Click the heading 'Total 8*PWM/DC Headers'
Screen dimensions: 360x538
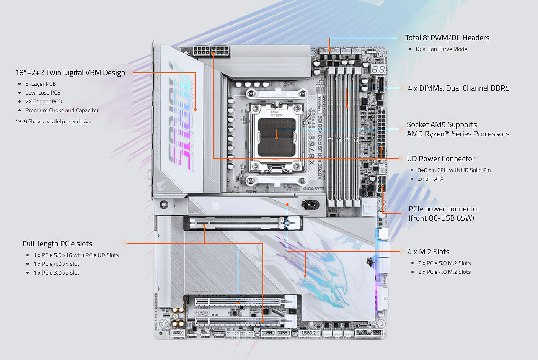[447, 38]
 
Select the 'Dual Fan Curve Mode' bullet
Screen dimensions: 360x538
[441, 49]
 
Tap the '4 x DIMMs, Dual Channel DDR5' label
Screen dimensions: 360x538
[458, 88]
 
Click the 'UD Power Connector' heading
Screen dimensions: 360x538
[440, 159]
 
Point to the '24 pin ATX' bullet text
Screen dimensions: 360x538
[430, 179]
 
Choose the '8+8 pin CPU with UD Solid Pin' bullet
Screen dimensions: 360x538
[454, 170]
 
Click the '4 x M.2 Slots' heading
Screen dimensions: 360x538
[428, 252]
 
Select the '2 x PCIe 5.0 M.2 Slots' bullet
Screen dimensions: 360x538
[444, 263]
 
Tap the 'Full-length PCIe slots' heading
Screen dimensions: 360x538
[57, 244]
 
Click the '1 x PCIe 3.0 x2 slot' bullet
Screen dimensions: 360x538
[56, 273]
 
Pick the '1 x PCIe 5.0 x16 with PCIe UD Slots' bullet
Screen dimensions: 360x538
[76, 255]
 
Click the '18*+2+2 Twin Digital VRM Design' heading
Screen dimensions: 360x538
[70, 72]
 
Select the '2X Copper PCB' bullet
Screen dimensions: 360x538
[44, 101]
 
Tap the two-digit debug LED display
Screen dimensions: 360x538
[378, 69]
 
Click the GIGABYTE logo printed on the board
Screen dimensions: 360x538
[313, 188]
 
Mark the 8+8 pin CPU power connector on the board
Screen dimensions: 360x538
[211, 51]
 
